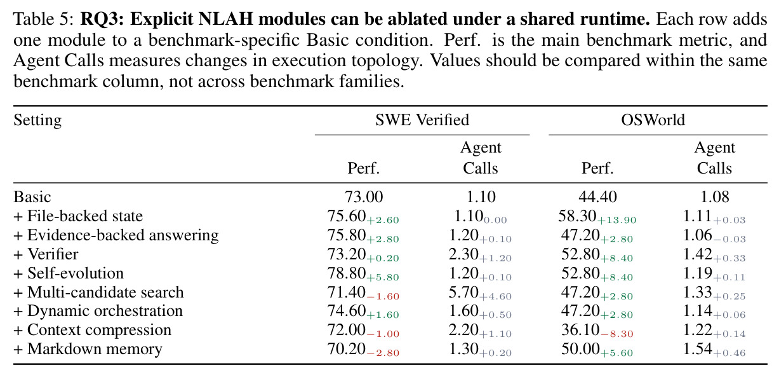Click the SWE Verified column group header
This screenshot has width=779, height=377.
coord(422,120)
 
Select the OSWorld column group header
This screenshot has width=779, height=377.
coord(653,120)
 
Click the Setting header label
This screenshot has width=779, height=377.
coord(37,120)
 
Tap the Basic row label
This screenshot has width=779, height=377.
coord(32,196)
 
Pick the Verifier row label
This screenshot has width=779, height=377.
coord(46,254)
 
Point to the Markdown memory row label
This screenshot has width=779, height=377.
coord(88,349)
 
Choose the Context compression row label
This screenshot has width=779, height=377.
coord(93,330)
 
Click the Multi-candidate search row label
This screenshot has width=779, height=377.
coord(99,292)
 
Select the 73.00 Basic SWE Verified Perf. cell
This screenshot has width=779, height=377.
coord(364,196)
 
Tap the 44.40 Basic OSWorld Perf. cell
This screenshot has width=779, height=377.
coord(597,196)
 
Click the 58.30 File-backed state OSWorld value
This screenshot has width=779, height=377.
coord(577,216)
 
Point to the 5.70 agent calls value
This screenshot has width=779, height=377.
coord(463,292)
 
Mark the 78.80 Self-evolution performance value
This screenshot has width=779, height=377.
coord(347,273)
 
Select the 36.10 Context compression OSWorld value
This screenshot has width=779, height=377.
coord(580,330)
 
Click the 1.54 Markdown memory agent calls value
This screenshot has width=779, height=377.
coord(698,349)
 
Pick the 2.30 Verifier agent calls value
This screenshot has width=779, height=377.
coord(463,254)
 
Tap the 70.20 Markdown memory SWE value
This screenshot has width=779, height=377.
coord(347,349)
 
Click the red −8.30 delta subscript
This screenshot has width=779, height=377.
coord(617,334)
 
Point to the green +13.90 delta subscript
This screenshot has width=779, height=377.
coord(617,220)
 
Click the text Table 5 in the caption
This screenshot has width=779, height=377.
coord(43,19)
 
